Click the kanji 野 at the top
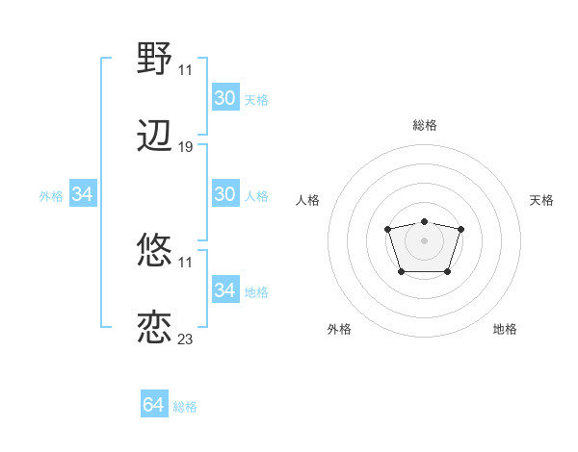(x=154, y=60)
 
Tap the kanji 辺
(x=154, y=137)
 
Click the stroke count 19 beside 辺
(x=186, y=147)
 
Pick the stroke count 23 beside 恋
(x=186, y=339)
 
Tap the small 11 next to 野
(x=186, y=69)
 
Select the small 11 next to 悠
(x=186, y=263)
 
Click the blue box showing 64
(x=154, y=406)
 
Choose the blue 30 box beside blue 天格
(x=225, y=98)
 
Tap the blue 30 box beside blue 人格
(x=225, y=194)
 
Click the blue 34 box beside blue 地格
(x=225, y=290)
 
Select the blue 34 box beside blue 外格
(x=83, y=194)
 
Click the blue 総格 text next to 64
(x=185, y=407)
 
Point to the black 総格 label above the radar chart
(x=424, y=125)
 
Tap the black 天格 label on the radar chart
(x=541, y=200)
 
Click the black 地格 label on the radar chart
(x=505, y=329)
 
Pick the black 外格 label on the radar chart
(x=339, y=329)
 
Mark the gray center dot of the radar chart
(x=424, y=239)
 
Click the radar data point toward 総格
(x=424, y=221)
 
